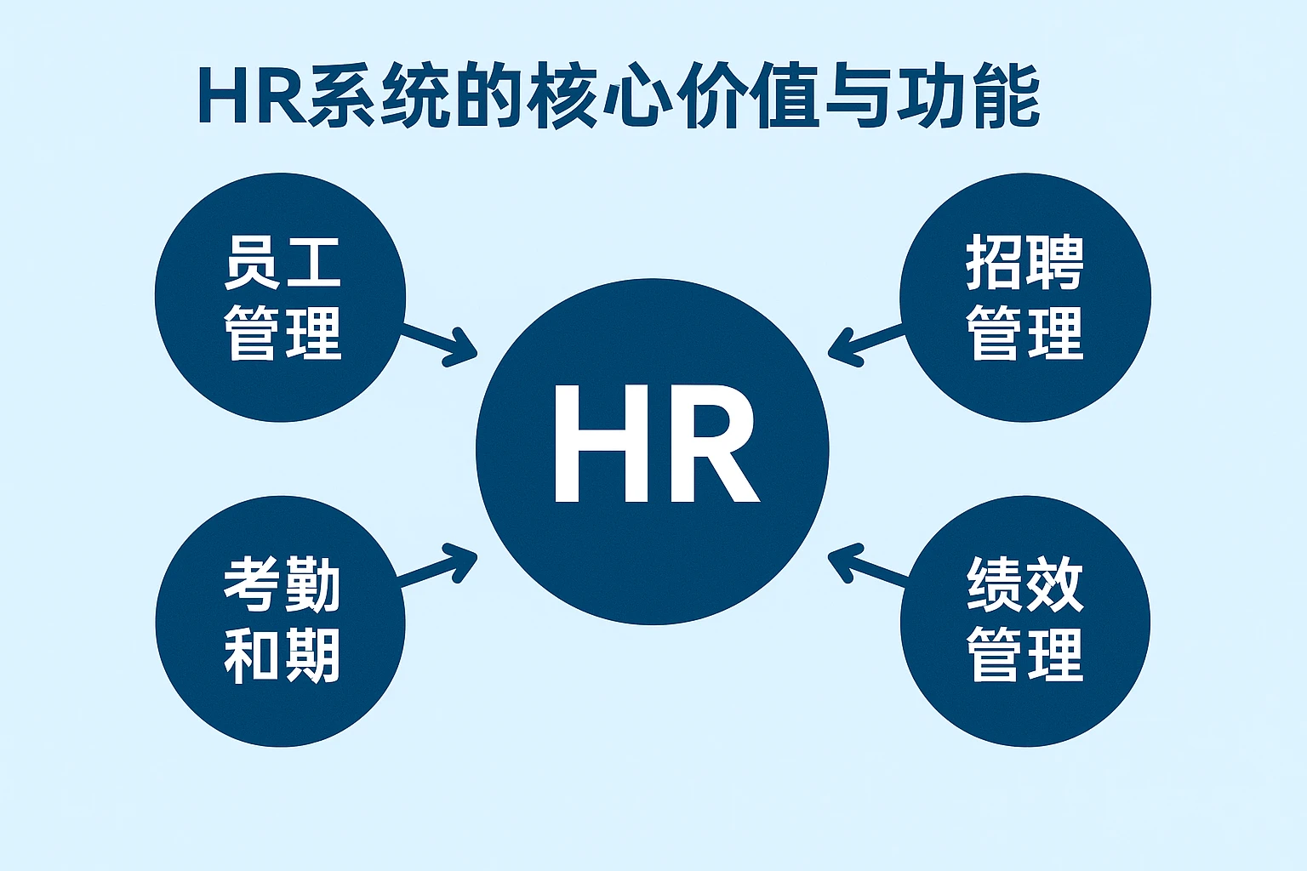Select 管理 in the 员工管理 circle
(283, 332)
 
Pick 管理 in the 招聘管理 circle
(1024, 332)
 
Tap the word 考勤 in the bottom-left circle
(283, 584)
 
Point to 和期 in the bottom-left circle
(283, 655)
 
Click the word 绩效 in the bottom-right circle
(1024, 584)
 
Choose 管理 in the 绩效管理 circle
(1024, 655)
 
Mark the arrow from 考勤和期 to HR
(438, 567)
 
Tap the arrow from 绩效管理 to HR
(868, 567)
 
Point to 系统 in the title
(380, 96)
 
